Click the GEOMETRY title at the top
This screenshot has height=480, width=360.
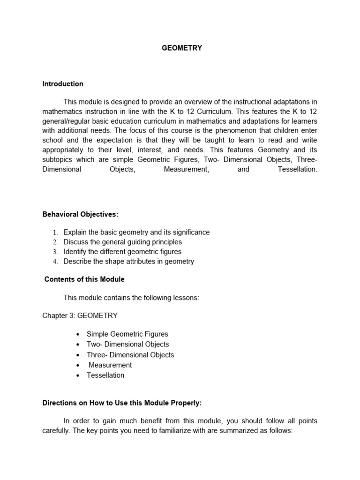pos(182,48)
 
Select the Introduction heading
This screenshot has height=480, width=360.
pos(63,84)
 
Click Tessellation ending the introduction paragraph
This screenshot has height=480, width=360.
pos(297,169)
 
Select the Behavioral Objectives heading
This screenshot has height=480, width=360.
pos(80,214)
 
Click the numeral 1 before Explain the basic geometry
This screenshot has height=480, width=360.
pos(55,232)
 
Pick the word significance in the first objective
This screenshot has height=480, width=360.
pos(190,232)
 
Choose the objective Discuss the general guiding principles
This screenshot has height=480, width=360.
pos(122,242)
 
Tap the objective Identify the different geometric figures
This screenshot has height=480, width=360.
pos(122,252)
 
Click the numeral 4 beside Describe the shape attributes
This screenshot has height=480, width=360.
pos(55,262)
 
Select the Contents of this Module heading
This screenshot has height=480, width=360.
pos(84,279)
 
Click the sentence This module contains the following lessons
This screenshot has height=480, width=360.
pos(131,298)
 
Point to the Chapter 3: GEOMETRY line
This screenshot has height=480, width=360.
pos(80,315)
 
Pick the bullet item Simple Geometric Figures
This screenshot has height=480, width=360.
pos(127,334)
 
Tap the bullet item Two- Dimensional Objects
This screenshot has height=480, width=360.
pos(127,345)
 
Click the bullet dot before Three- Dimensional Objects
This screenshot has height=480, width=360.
pos(77,355)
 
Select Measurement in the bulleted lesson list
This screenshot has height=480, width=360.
pos(110,365)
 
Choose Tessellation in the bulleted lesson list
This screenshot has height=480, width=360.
pos(105,375)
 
